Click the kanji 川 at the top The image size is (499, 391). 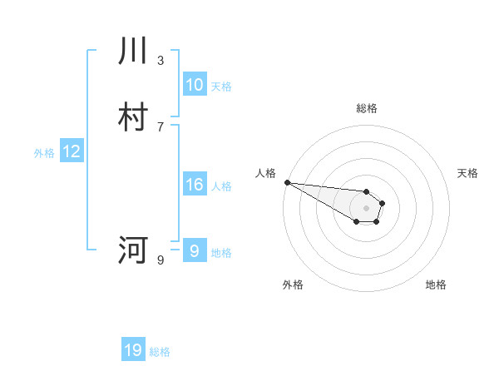tap(133, 51)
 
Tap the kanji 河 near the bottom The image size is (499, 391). tap(133, 249)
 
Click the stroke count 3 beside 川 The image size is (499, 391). tap(161, 60)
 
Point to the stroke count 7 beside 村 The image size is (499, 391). tap(161, 126)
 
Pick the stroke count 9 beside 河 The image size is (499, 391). tap(161, 260)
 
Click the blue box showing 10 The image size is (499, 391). tap(194, 84)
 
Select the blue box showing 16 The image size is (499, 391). tap(194, 185)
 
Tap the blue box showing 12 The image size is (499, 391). tap(72, 151)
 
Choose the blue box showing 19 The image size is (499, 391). tap(133, 350)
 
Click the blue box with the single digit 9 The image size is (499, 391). tap(194, 250)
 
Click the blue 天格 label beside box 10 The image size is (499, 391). tap(221, 86)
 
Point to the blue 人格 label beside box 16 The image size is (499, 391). tap(221, 186)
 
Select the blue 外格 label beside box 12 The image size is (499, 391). tap(44, 153)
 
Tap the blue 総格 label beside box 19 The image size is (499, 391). tap(160, 352)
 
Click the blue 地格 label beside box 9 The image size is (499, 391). tap(221, 252)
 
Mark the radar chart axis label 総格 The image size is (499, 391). tap(366, 108)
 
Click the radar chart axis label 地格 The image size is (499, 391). tap(436, 285)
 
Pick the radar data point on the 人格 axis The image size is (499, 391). tap(287, 182)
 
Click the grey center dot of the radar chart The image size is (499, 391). tap(366, 208)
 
